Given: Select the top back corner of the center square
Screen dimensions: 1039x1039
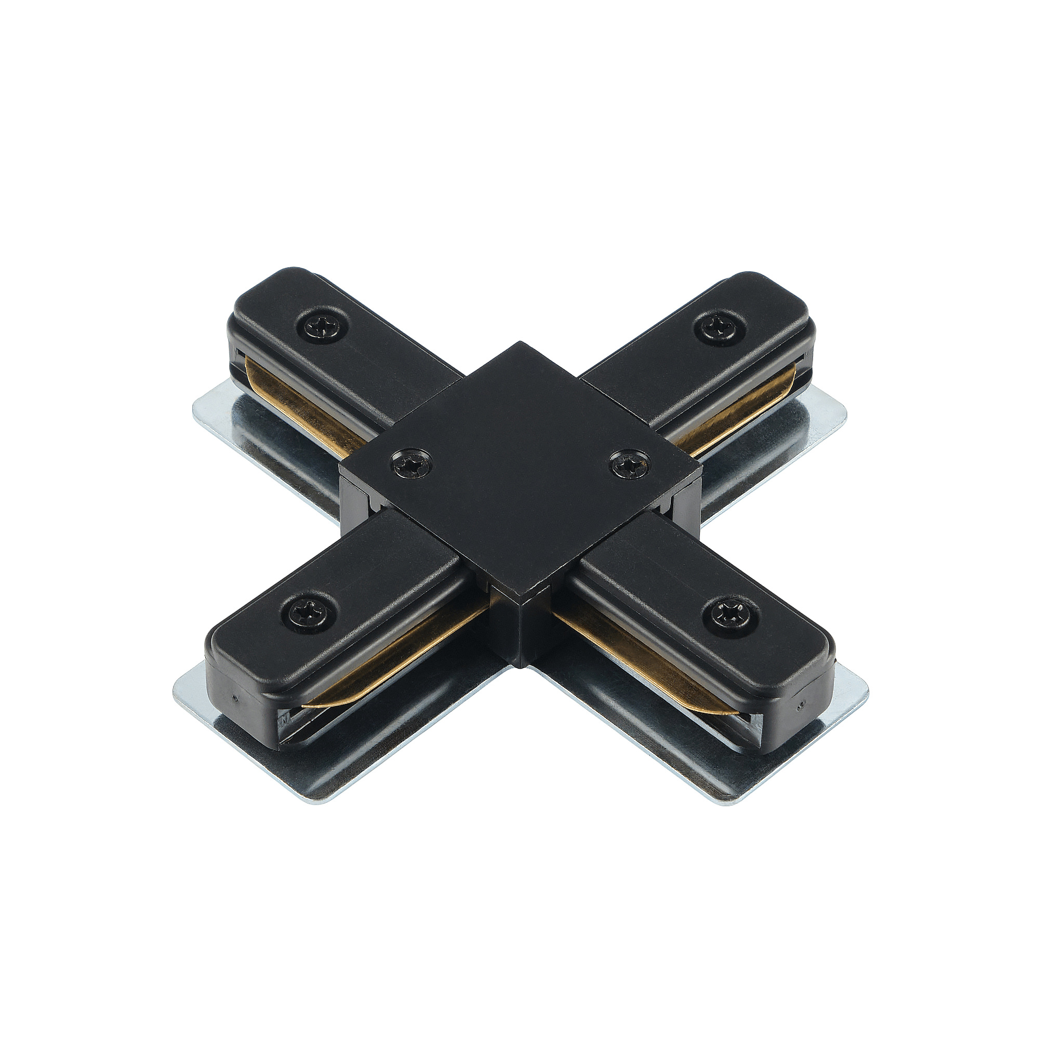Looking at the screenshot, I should (519, 344).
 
